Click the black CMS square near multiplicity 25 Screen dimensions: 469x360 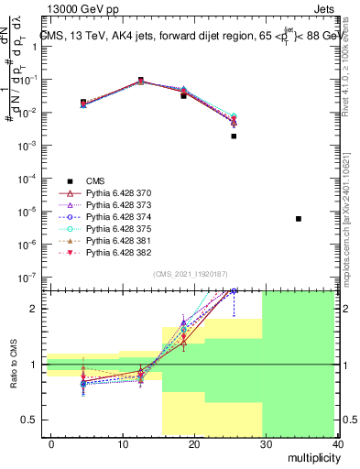tap(234, 136)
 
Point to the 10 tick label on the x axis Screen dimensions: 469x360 tap(122, 444)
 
